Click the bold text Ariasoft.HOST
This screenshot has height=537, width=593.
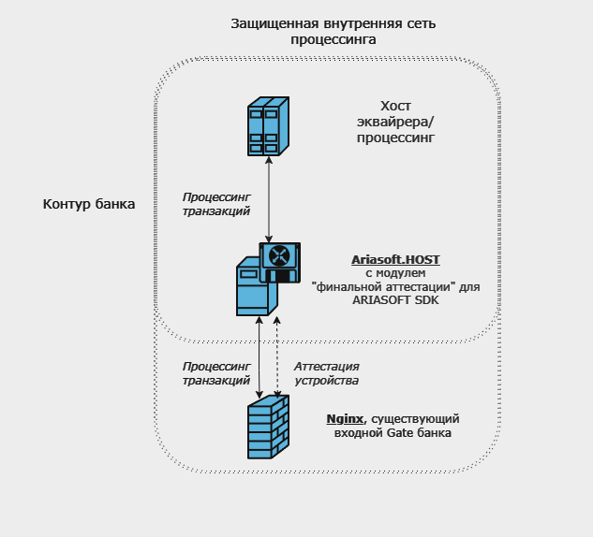click(394, 259)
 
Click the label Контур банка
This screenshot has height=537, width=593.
click(90, 204)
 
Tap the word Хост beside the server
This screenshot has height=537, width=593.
click(395, 105)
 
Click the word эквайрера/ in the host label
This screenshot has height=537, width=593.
click(395, 121)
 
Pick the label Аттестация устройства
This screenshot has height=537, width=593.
click(326, 373)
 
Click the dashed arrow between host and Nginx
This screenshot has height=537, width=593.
click(277, 356)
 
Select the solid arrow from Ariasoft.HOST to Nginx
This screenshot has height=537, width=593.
click(259, 356)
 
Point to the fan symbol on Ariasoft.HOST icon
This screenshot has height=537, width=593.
click(278, 255)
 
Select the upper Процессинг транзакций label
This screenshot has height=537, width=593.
click(215, 205)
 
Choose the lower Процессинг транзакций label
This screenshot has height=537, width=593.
click(217, 373)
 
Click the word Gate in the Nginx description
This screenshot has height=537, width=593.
click(393, 434)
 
